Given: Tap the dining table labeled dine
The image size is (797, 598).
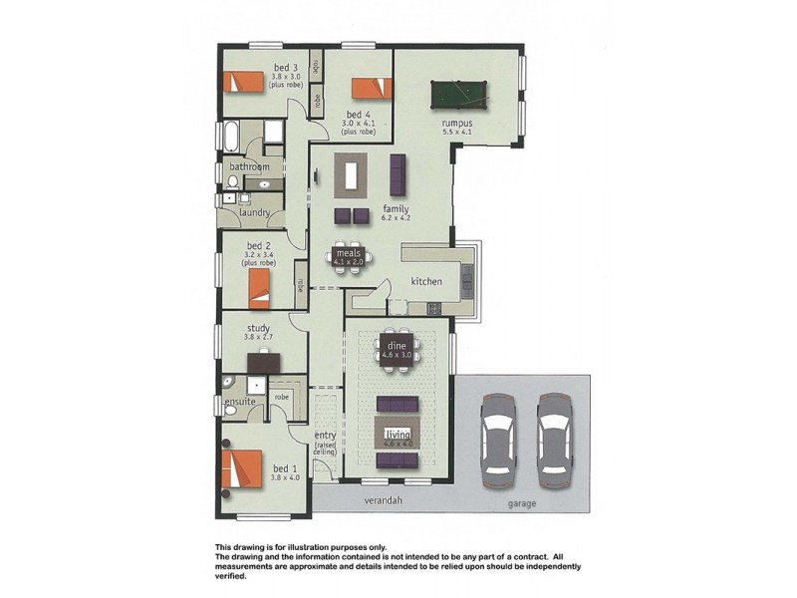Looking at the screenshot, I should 398,349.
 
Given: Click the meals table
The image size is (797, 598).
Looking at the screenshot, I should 348,255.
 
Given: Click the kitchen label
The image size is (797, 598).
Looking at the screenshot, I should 426,282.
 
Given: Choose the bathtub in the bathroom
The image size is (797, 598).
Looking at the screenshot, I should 231,137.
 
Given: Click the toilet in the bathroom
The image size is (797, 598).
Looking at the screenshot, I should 231,182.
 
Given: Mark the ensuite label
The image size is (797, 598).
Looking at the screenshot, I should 240,402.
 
